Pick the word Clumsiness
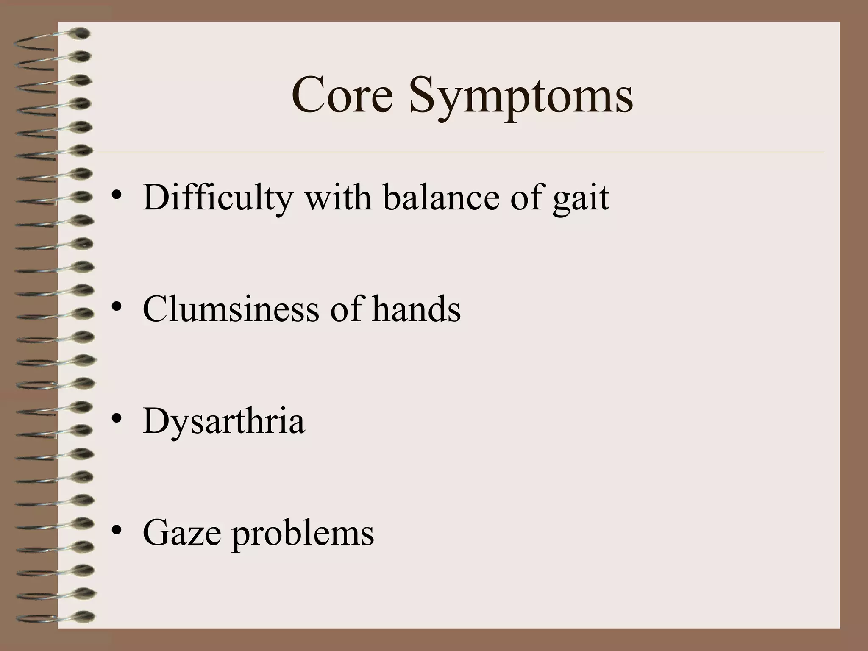tap(231, 309)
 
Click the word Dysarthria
tap(223, 421)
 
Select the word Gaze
tap(182, 533)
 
